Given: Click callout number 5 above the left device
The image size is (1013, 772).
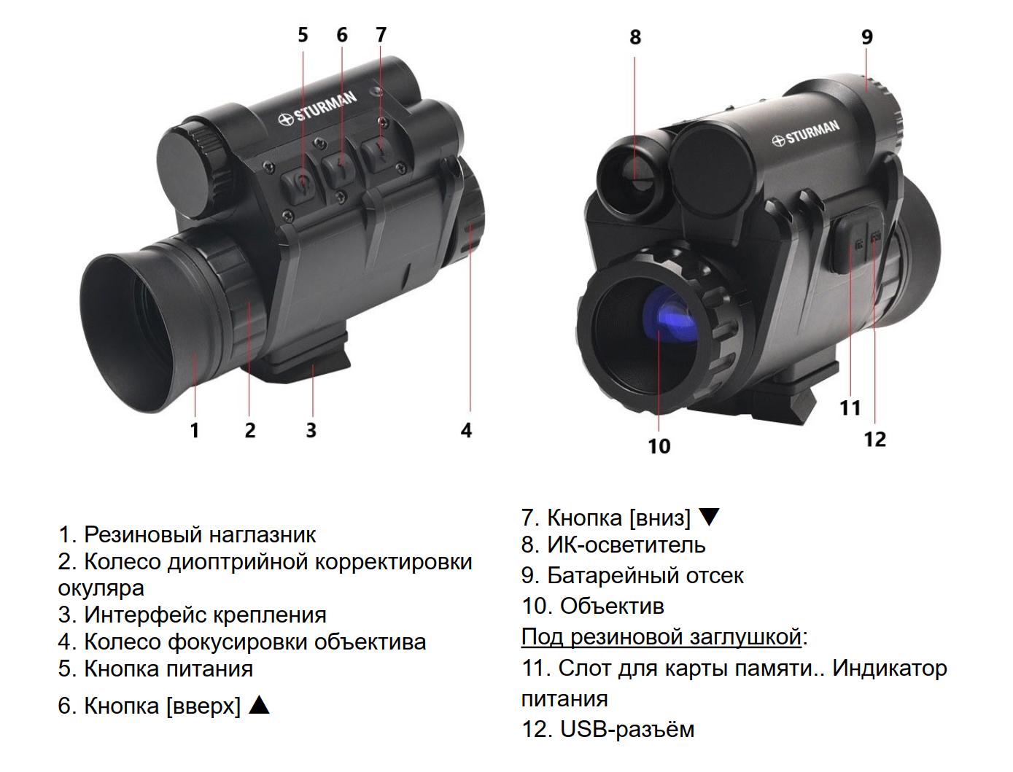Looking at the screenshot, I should (x=303, y=35).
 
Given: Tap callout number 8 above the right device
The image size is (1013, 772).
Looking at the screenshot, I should (x=634, y=36).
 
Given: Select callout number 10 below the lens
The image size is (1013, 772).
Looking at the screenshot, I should (x=659, y=445).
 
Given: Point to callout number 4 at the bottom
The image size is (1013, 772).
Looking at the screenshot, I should (x=466, y=430).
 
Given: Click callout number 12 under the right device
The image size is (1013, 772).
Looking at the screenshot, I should (x=874, y=439).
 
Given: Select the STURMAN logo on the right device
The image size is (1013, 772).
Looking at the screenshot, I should (x=806, y=133).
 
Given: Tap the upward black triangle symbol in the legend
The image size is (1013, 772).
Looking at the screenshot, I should (x=260, y=705).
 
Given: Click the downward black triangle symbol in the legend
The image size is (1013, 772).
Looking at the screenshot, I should (x=709, y=517).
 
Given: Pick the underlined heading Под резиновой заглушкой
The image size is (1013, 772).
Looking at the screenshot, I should (x=661, y=636).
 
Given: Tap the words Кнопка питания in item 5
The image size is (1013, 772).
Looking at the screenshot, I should (x=168, y=668).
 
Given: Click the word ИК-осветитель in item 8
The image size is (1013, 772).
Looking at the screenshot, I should (x=626, y=545).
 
